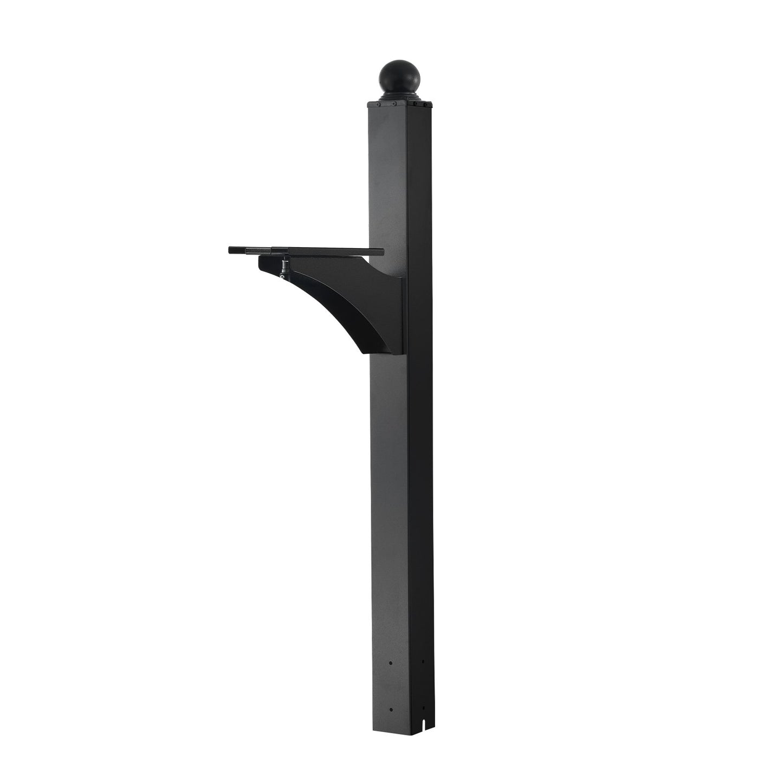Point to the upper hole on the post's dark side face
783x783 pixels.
coord(423,662)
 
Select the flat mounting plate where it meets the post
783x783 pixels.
coord(374,251)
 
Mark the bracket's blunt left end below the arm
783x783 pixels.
coord(262,264)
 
